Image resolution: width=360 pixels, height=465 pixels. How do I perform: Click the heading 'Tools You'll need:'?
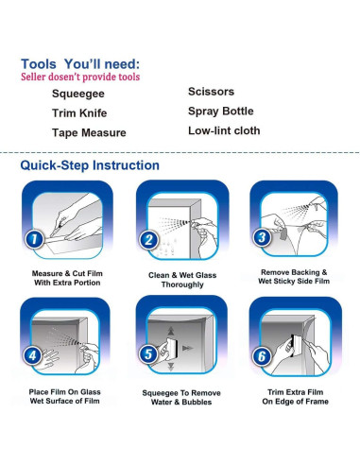[x=80, y=64]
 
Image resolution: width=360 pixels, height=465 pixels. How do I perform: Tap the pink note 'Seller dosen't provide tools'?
[x=80, y=77]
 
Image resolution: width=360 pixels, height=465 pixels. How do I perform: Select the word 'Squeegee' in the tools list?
[x=78, y=94]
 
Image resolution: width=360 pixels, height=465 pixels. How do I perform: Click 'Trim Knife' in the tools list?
[x=79, y=113]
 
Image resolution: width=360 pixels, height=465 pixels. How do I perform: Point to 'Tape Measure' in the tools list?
[x=89, y=132]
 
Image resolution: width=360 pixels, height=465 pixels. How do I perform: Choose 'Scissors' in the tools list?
[x=211, y=92]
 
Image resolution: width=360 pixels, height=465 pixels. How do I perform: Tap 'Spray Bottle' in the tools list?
[x=221, y=112]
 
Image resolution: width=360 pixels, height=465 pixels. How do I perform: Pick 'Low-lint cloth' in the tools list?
[x=224, y=130]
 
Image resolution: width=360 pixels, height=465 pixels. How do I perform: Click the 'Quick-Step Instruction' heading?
[x=90, y=165]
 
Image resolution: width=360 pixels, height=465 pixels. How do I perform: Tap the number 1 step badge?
[x=34, y=239]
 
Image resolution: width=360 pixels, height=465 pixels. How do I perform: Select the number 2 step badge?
[x=148, y=240]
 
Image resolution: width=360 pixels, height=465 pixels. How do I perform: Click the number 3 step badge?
[x=262, y=237]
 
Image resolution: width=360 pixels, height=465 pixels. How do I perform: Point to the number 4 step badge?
[x=33, y=355]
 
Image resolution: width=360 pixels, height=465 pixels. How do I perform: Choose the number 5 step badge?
[x=148, y=353]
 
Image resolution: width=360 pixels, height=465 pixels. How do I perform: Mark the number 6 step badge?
[x=262, y=356]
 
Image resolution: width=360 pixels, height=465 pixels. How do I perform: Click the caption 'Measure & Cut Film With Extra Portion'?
[x=67, y=278]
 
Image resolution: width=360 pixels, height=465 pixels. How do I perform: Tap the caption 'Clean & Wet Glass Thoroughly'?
[x=182, y=280]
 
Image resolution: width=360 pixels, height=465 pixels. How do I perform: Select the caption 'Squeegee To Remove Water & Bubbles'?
[x=181, y=397]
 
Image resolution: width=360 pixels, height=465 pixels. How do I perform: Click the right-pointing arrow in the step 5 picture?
[x=188, y=348]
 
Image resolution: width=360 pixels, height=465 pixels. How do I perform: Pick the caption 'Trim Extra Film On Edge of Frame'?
[x=296, y=397]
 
